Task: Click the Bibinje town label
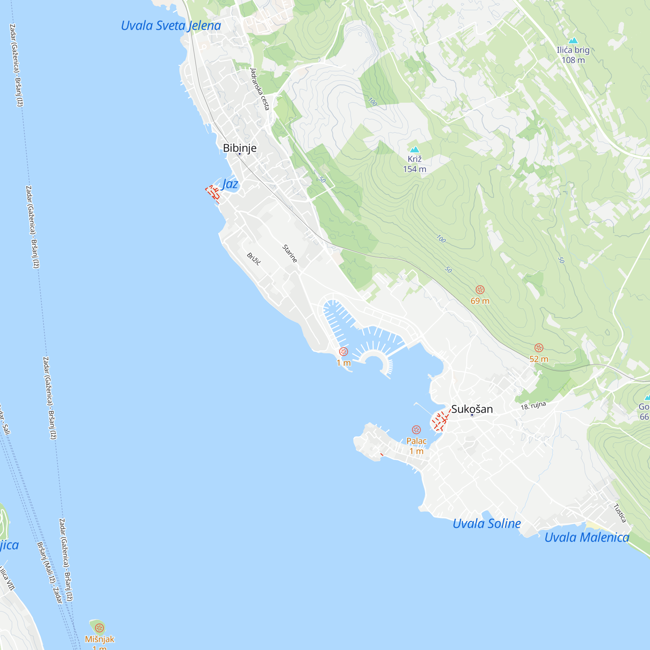point(240,148)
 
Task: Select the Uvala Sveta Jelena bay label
point(171,26)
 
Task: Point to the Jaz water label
point(230,184)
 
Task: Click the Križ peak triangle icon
point(414,149)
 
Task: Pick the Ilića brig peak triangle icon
point(573,41)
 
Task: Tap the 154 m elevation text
point(414,169)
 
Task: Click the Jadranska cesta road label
point(260,89)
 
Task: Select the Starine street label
point(290,254)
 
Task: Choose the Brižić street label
point(254,259)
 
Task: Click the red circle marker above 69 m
point(480,290)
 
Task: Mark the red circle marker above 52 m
point(539,347)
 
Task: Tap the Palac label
point(417,441)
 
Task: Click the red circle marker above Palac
point(417,430)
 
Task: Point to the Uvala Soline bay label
point(487,524)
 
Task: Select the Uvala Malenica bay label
point(587,537)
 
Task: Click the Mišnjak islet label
point(99,639)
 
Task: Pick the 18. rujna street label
point(533,405)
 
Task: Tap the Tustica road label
point(620,513)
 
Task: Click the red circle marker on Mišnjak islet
point(99,628)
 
